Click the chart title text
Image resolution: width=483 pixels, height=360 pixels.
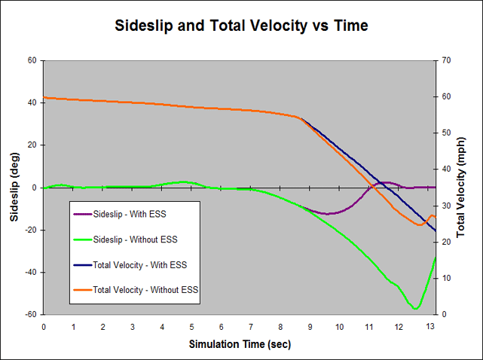[241, 25]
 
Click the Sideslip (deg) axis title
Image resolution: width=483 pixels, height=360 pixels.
[14, 188]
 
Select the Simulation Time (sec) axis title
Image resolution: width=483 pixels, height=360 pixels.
[240, 344]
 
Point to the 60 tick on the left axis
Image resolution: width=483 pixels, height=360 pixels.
[32, 60]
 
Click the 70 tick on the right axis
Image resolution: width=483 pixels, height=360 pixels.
[445, 60]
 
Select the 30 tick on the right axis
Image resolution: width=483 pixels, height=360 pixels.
[445, 206]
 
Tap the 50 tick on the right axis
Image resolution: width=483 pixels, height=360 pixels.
[445, 133]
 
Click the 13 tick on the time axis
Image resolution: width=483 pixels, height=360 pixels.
[429, 326]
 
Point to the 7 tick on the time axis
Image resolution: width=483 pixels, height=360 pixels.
[251, 326]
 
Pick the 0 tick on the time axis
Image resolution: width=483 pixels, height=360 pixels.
[44, 326]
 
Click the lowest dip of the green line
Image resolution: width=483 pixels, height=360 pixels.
[415, 308]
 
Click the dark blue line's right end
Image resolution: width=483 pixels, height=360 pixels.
[436, 230]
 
